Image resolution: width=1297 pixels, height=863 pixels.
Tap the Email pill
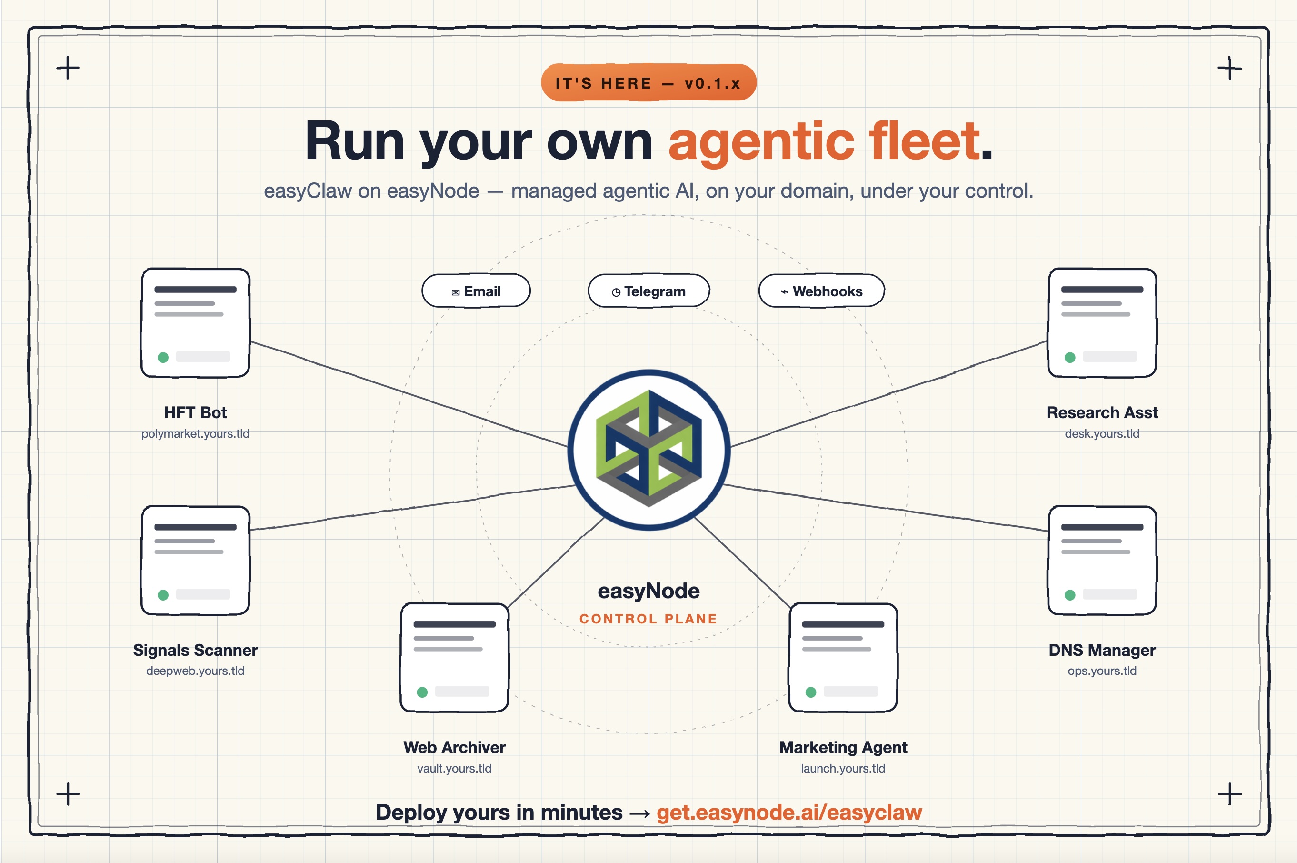[476, 291]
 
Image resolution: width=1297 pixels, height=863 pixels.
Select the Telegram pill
[649, 291]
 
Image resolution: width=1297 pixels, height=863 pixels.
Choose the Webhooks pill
[821, 291]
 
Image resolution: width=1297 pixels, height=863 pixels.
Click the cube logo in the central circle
[649, 449]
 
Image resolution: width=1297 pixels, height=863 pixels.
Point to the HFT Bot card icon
[195, 323]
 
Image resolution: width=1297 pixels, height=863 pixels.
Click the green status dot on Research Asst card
[1070, 358]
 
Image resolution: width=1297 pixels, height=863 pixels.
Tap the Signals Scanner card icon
[195, 560]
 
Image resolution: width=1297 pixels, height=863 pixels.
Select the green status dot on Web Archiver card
[422, 692]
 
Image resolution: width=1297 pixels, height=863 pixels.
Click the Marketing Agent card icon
[843, 658]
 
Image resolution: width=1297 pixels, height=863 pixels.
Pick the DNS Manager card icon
[1102, 560]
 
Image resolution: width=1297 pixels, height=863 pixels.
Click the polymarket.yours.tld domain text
[195, 434]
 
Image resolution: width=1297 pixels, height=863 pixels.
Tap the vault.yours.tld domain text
[455, 768]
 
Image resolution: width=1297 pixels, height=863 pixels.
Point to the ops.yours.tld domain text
[1102, 671]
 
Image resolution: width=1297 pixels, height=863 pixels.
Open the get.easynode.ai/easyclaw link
[789, 813]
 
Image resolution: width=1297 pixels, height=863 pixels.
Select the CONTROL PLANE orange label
[649, 619]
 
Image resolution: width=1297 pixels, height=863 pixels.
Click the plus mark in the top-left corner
[68, 68]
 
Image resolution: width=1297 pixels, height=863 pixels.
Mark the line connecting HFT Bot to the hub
[409, 394]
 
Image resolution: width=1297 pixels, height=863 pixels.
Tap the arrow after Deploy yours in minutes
[639, 813]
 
